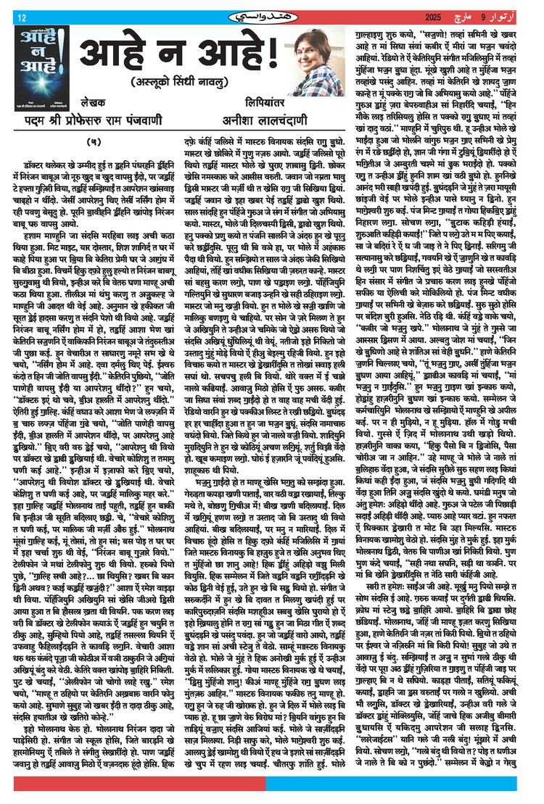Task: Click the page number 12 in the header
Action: (x=22, y=17)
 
